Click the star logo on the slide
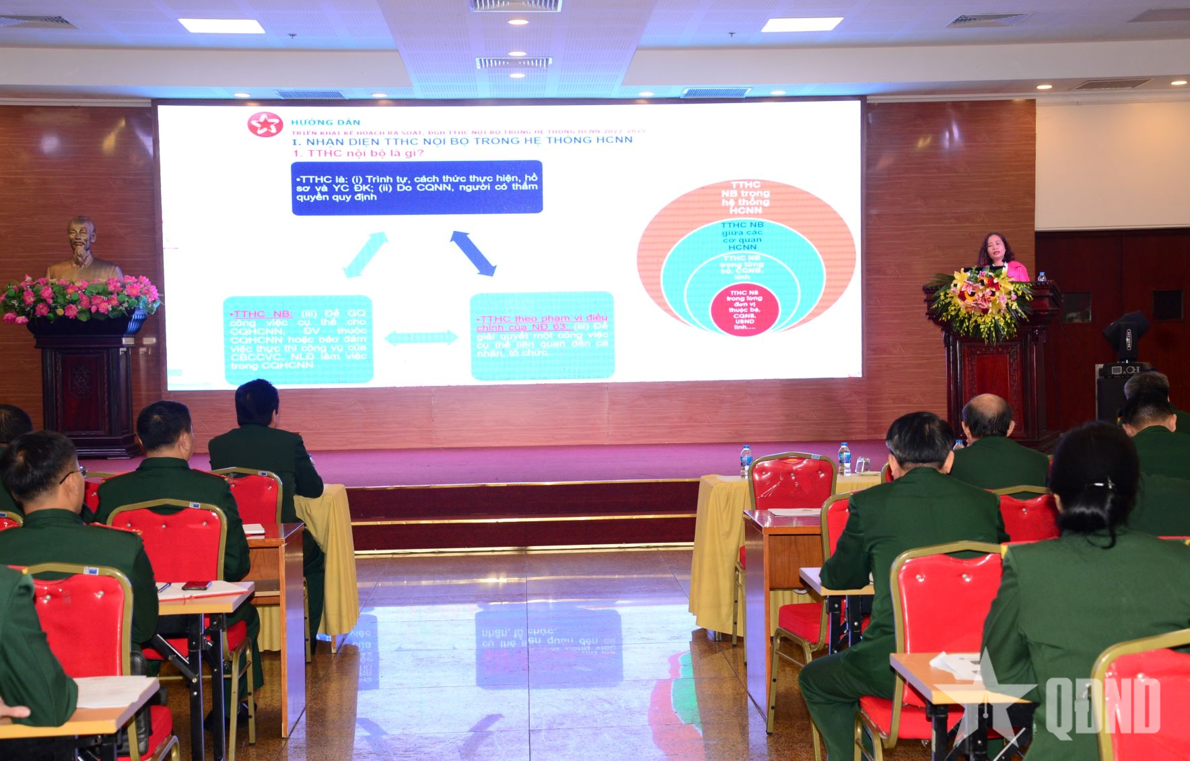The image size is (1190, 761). point(265,125)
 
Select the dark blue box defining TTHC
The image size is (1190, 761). point(417,187)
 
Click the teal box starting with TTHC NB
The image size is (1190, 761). point(297,339)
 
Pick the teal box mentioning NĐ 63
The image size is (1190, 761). point(542,335)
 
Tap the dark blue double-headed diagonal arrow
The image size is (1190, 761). point(473,253)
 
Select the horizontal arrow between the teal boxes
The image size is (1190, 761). point(421,337)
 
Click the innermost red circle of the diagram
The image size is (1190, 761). point(744,310)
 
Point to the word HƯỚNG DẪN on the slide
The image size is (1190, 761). point(325,123)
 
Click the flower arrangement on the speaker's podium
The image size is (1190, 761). point(982,300)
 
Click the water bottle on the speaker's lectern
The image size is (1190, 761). point(1041,277)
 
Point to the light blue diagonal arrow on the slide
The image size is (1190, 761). point(365,255)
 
